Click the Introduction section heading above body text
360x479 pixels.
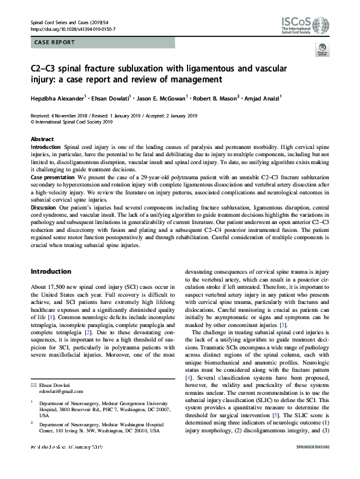point(51,271)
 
